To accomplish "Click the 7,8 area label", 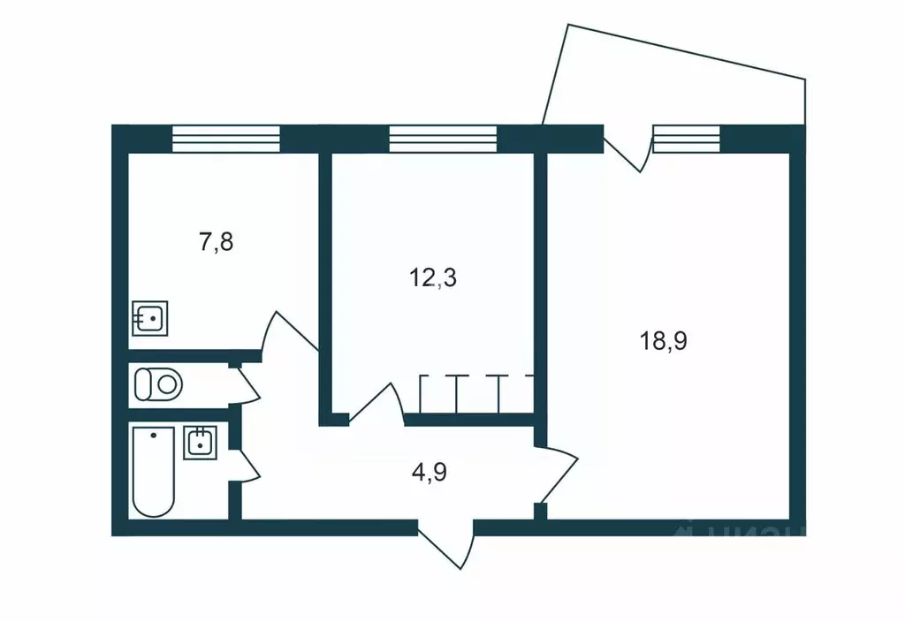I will [x=217, y=242].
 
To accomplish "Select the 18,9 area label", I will [x=664, y=340].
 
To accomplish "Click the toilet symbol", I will [x=157, y=384].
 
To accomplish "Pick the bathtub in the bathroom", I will [x=154, y=471].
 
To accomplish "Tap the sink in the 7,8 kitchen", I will [x=151, y=316].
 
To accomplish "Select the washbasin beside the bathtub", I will [x=200, y=442].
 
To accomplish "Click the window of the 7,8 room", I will [x=225, y=139].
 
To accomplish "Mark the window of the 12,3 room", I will [x=443, y=139].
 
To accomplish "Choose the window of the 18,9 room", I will [x=687, y=139].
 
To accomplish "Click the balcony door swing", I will [x=629, y=150].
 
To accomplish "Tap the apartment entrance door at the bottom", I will [x=446, y=544].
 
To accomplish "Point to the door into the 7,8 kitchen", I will [x=287, y=336].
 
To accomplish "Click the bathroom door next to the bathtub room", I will [x=245, y=464].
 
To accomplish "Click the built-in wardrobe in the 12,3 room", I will [x=476, y=393].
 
